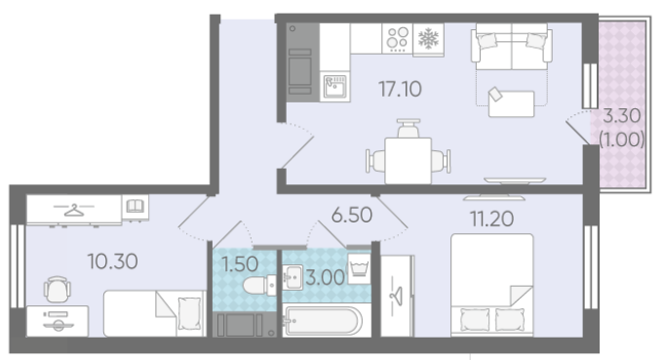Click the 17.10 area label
pos(400,89)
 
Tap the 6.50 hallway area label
pos(352,215)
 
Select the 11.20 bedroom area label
pos(491,219)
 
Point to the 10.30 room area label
pos(113,261)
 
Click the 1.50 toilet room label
pos(240,264)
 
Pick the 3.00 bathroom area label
pos(325,278)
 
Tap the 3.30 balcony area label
pos(622,116)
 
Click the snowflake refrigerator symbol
pos(428,39)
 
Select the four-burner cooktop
pos(397,38)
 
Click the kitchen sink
pos(335,87)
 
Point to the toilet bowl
pos(259,285)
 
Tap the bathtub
pos(324,321)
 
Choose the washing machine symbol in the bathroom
pos(359,268)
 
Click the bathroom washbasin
pos(292,277)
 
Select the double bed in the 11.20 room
pos(491,285)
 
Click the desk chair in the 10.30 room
pos(58,290)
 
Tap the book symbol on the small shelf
pos(136,207)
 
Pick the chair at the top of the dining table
pos(409,129)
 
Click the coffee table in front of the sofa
pos(511,102)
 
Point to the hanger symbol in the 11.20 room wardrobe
pos(397,296)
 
